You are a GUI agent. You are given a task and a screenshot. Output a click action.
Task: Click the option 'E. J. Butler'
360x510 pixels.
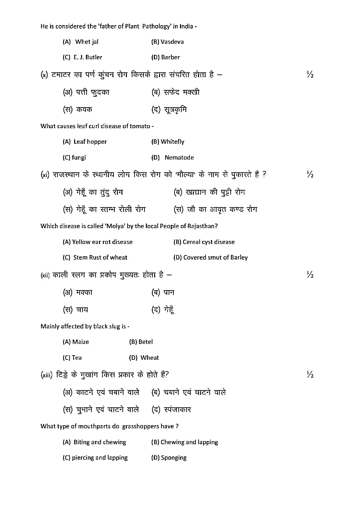point(88,57)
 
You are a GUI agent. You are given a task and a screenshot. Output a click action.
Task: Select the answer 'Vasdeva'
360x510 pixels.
point(172,42)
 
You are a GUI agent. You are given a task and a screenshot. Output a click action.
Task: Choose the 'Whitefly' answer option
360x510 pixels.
point(172,142)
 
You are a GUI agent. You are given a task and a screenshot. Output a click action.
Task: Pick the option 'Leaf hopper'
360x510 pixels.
point(90,142)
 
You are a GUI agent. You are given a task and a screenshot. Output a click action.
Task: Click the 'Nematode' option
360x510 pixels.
point(179,157)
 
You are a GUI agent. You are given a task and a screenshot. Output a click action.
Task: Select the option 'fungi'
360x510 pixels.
point(79,157)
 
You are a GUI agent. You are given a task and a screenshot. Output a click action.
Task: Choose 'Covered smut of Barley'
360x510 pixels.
point(215,257)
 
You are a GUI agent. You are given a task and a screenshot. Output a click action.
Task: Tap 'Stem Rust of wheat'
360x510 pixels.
point(100,257)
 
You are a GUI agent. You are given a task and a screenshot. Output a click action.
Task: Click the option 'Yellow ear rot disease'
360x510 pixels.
point(102,242)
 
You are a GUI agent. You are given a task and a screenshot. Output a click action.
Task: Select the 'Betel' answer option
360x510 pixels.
point(146,342)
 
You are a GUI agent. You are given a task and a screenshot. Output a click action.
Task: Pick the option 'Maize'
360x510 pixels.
point(81,342)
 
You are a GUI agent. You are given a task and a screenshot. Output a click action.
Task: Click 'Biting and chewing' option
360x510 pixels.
point(100,442)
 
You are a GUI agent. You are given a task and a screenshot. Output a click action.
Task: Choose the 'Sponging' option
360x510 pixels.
point(173,458)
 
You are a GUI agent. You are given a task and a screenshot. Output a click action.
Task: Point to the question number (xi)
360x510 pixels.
point(45,175)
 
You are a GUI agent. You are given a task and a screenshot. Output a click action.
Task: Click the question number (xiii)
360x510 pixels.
point(46,375)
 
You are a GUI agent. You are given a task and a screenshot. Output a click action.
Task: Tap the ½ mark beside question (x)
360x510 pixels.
point(310,74)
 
